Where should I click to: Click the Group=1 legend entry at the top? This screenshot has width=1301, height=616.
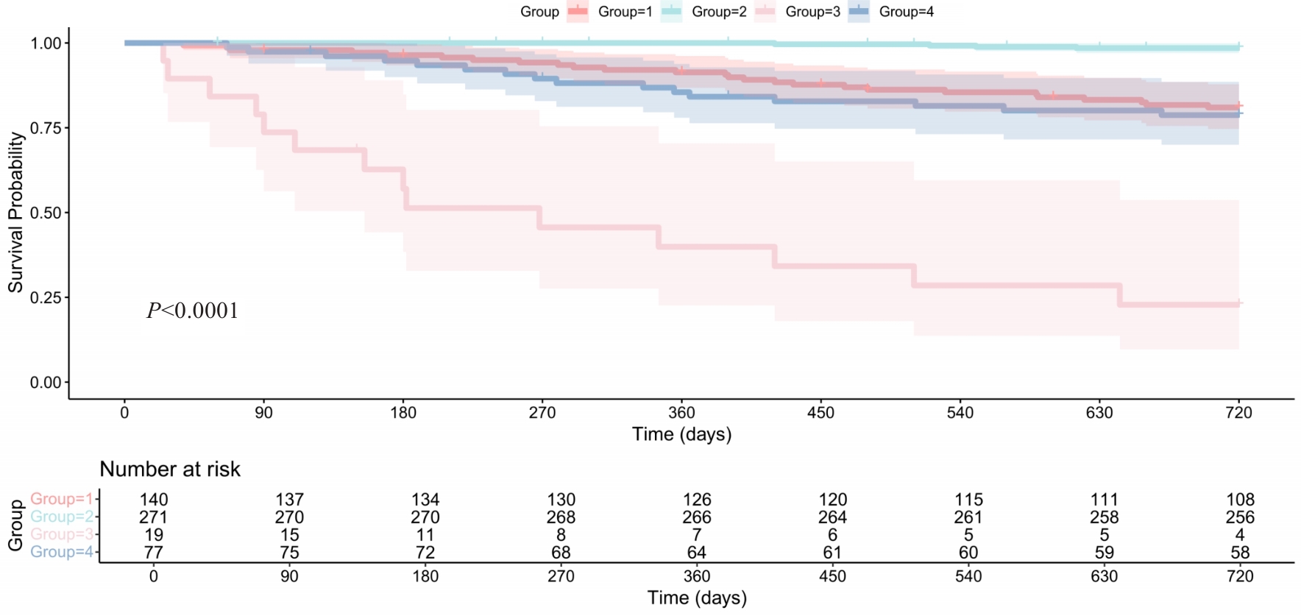pyautogui.click(x=624, y=12)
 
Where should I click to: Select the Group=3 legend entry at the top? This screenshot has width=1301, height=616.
pyautogui.click(x=812, y=12)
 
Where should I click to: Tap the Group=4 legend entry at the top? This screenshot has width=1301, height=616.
pyautogui.click(x=906, y=12)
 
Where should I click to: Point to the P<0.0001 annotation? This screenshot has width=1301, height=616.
pyautogui.click(x=193, y=311)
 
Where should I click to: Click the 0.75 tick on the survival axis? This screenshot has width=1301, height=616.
pyautogui.click(x=46, y=128)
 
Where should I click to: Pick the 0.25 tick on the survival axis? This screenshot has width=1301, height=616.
pyautogui.click(x=46, y=298)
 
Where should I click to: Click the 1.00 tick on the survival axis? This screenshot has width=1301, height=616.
pyautogui.click(x=46, y=43)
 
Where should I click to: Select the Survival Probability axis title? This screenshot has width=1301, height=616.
pyautogui.click(x=15, y=213)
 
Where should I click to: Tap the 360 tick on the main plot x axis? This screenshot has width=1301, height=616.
pyautogui.click(x=681, y=413)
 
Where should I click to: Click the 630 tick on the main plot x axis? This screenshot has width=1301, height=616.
pyautogui.click(x=1099, y=413)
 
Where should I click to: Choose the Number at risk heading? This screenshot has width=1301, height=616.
pyautogui.click(x=170, y=470)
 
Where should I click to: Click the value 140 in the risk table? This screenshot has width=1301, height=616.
pyautogui.click(x=154, y=500)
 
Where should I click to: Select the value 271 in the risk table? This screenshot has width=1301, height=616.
pyautogui.click(x=154, y=517)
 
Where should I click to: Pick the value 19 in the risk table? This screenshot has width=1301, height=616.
pyautogui.click(x=154, y=535)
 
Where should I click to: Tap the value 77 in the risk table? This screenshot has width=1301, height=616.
pyautogui.click(x=154, y=553)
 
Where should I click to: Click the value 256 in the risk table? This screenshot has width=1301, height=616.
pyautogui.click(x=1240, y=517)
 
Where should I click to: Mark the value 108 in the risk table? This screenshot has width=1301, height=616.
pyautogui.click(x=1240, y=500)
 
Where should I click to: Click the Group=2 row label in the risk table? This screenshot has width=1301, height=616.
pyautogui.click(x=62, y=517)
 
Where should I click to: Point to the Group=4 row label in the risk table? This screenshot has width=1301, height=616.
pyautogui.click(x=62, y=553)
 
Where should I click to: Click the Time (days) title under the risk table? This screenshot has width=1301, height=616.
pyautogui.click(x=697, y=598)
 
